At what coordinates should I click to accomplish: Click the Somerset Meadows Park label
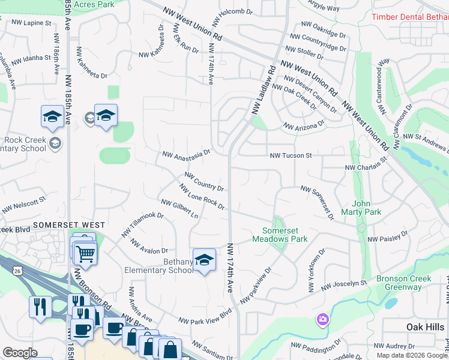(x=285, y=235)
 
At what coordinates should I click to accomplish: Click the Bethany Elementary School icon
(x=204, y=260)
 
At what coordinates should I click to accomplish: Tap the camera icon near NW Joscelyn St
(x=323, y=319)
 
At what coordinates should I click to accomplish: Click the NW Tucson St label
(x=291, y=155)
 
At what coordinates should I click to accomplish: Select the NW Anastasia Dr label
(x=186, y=154)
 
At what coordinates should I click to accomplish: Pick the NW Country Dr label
(x=204, y=181)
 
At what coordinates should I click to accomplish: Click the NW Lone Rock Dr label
(x=202, y=197)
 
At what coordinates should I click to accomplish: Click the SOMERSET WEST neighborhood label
(x=69, y=225)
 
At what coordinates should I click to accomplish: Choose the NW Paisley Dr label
(x=388, y=236)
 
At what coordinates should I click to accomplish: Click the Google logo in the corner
(x=20, y=353)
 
